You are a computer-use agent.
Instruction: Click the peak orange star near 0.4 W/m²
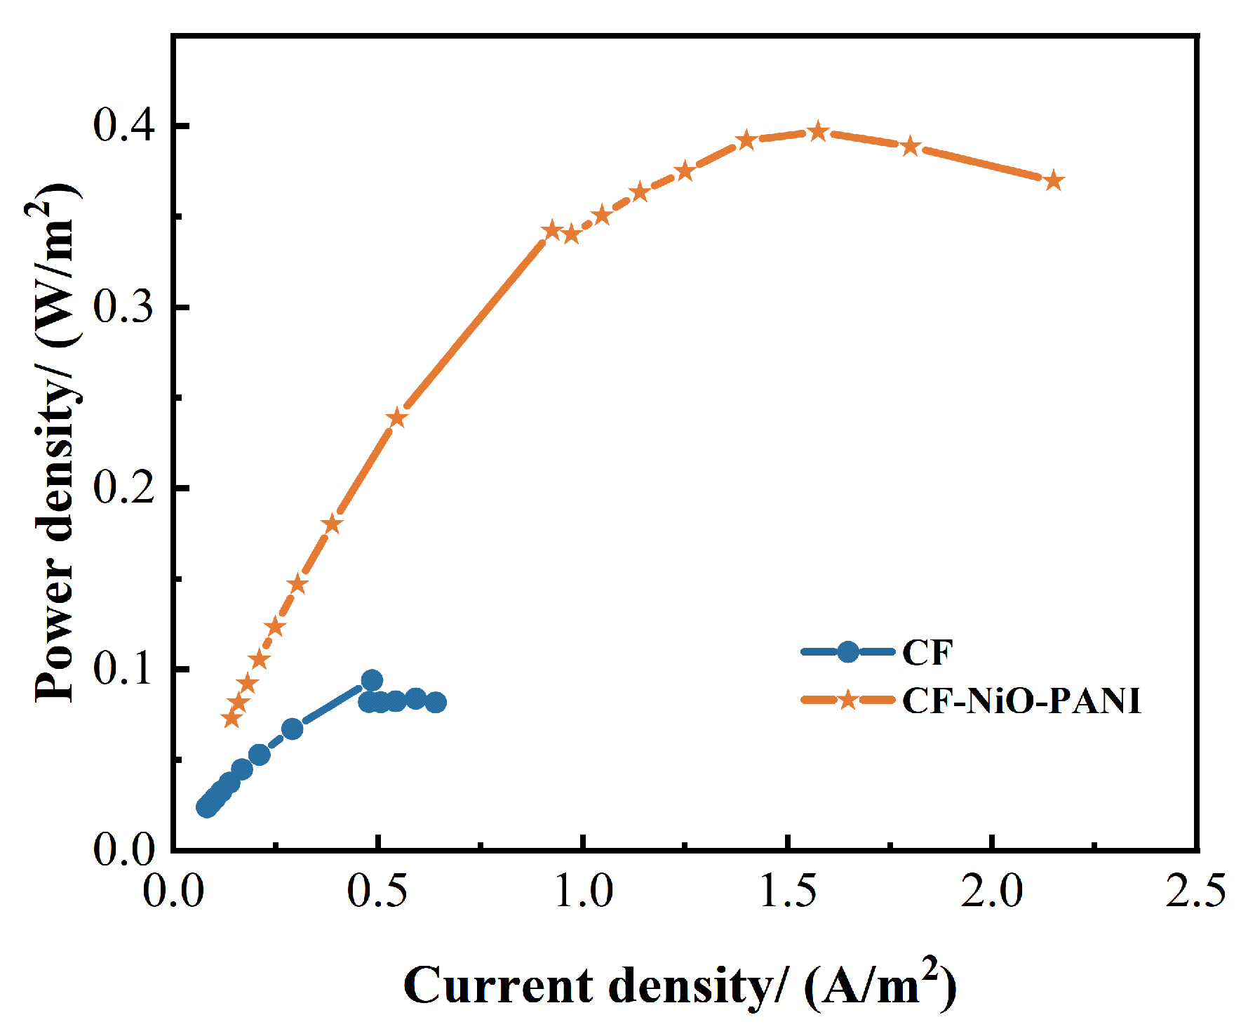(818, 131)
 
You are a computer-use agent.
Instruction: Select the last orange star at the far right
(1054, 181)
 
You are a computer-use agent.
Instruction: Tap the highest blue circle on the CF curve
(372, 680)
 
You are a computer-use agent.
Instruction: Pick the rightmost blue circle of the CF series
(436, 702)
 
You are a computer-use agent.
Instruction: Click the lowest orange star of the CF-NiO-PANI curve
(231, 718)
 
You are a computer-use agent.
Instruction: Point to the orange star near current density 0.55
(397, 418)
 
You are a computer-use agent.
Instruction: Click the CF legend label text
(927, 653)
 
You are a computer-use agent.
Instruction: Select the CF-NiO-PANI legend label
(1021, 701)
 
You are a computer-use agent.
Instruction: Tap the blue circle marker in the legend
(847, 652)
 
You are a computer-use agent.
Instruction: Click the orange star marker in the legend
(847, 700)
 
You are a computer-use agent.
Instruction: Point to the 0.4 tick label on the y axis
(123, 126)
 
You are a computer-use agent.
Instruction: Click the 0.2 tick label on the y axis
(123, 488)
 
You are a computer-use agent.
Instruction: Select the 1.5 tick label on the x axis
(789, 891)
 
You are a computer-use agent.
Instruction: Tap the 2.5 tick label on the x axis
(1195, 891)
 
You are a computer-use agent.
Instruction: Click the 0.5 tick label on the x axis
(378, 891)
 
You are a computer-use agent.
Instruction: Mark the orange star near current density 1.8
(910, 147)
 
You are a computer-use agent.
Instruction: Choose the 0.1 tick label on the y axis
(123, 668)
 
